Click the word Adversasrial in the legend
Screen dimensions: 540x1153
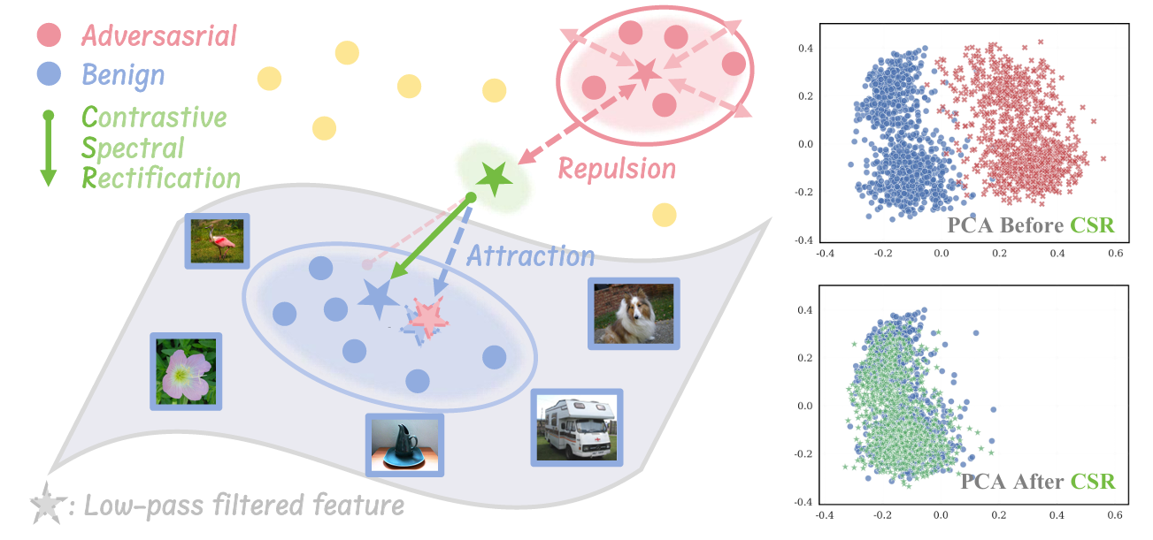click(x=159, y=36)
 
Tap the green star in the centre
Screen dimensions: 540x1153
click(x=494, y=179)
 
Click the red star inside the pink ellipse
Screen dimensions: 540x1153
click(x=644, y=73)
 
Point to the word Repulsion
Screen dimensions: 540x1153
click(x=618, y=168)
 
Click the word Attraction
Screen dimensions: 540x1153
click(x=530, y=256)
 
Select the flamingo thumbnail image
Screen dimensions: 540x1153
click(x=217, y=240)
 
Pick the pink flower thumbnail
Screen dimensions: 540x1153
click(x=186, y=371)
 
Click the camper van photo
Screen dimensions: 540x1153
click(x=576, y=428)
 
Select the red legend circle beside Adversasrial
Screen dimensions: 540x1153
click(x=49, y=35)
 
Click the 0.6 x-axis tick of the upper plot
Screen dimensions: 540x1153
click(x=1116, y=253)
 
